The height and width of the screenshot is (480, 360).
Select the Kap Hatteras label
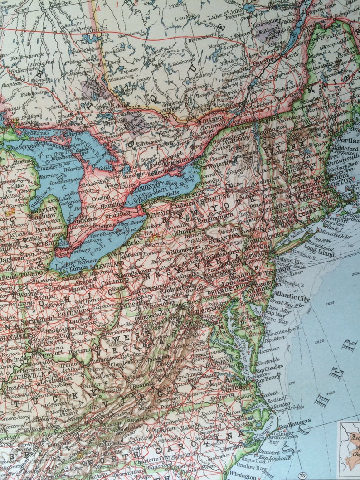(295, 425)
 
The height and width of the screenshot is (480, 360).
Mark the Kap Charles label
(269, 367)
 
